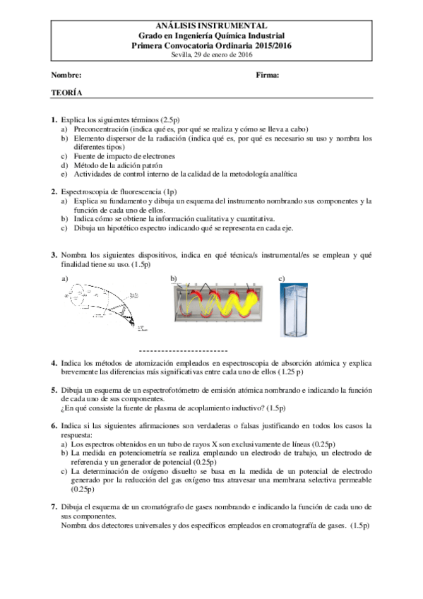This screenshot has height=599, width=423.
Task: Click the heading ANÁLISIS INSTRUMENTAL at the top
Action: click(211, 25)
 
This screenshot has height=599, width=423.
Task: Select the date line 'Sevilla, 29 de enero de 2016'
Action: click(211, 54)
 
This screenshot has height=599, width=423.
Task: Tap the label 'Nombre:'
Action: click(66, 75)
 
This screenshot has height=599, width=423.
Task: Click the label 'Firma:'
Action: click(268, 75)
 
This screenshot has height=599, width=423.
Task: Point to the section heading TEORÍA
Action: click(66, 93)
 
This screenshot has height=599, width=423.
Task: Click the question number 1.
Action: click(54, 121)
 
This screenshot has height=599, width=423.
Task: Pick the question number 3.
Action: click(54, 255)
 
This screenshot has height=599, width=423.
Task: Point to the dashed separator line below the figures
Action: click(183, 350)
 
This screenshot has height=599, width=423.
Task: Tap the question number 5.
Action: click(54, 390)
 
